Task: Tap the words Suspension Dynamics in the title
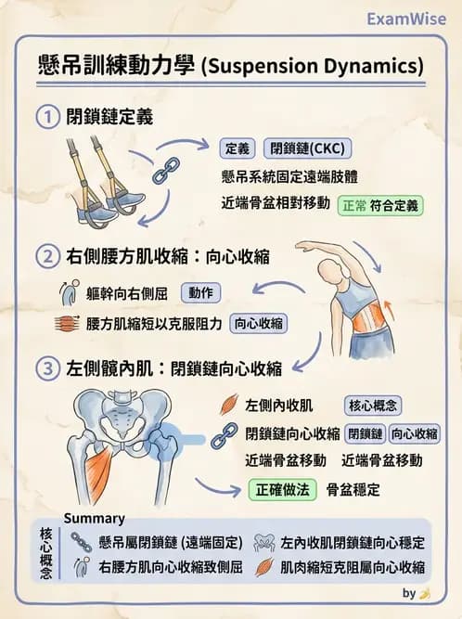(312, 66)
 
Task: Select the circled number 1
(46, 117)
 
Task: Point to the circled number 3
(46, 368)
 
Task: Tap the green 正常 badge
(353, 204)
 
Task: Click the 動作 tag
(199, 293)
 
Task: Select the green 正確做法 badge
(282, 488)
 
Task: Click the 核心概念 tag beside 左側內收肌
(373, 406)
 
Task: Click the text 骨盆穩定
(353, 488)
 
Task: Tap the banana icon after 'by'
(425, 593)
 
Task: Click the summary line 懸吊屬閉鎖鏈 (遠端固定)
(170, 543)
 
